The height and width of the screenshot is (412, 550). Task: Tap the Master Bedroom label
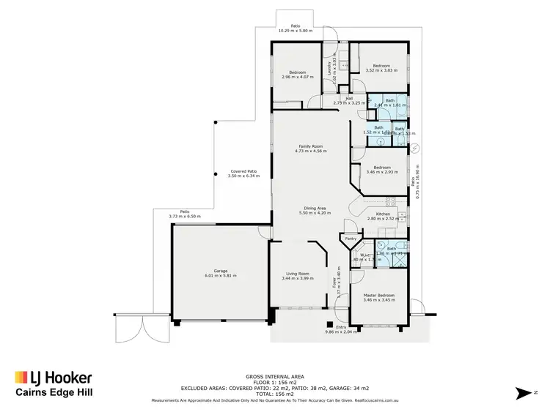point(379,295)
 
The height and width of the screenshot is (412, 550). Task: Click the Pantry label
point(351,239)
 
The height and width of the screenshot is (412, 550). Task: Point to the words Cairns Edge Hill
point(54,393)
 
